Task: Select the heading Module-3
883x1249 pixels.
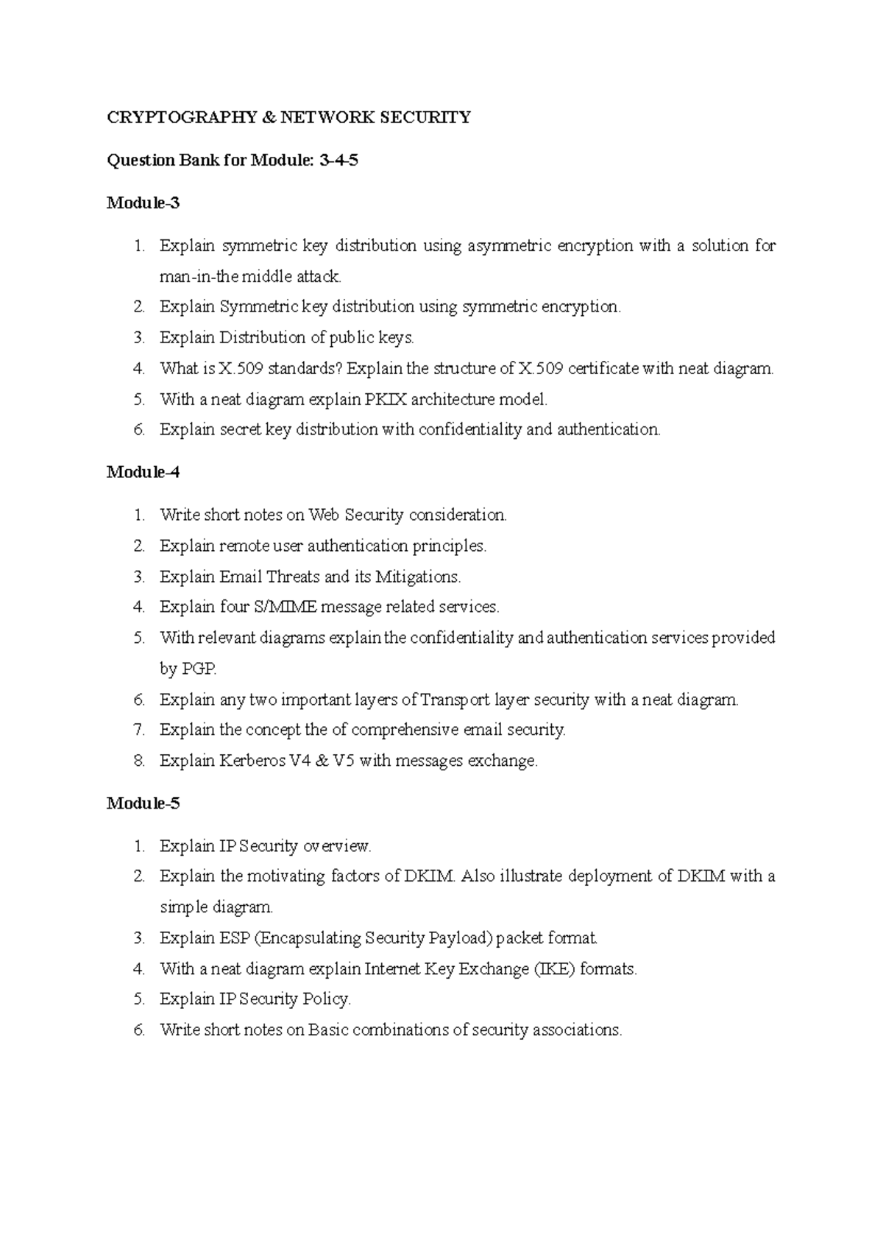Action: [x=143, y=203]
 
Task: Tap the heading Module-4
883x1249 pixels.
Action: [x=143, y=472]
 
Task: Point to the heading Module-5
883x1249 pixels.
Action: [x=143, y=803]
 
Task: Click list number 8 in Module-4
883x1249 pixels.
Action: [x=139, y=761]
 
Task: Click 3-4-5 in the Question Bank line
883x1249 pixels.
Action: [x=338, y=160]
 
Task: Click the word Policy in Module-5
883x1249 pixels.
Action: [x=327, y=999]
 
